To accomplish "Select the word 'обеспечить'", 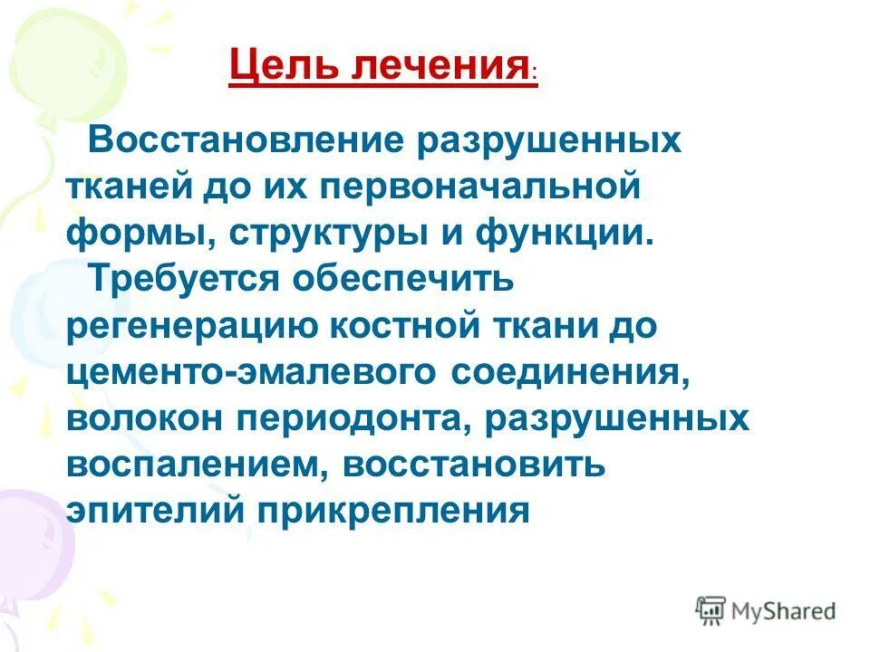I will tap(402, 279).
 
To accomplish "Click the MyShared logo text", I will tap(783, 611).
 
